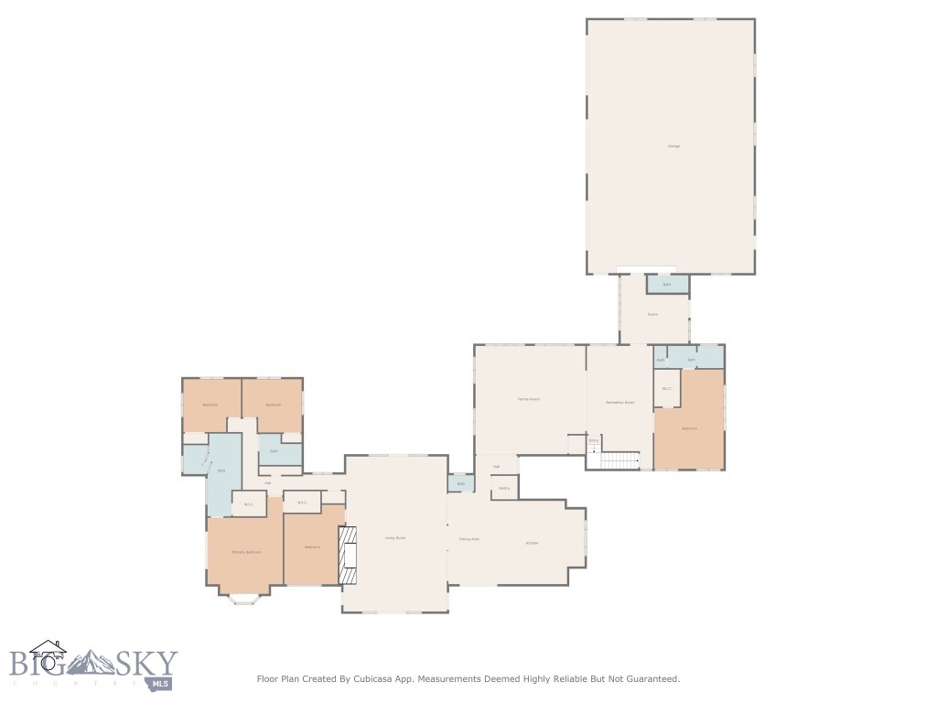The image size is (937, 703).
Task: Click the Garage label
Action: (673, 146)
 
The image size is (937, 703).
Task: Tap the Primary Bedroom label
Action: (246, 552)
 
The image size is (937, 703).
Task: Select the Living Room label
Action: (394, 537)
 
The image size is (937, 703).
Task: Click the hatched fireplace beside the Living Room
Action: (348, 556)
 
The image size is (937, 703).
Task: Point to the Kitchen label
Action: (532, 543)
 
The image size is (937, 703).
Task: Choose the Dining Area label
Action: (469, 539)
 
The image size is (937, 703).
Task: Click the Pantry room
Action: (504, 488)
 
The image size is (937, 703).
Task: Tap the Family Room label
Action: (529, 399)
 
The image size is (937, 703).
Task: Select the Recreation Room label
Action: (619, 403)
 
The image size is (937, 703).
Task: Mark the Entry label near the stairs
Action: (593, 440)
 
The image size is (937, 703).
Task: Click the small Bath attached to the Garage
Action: (666, 285)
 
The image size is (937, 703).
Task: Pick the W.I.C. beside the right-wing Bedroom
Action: (667, 389)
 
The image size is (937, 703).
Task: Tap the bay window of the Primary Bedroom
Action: (244, 599)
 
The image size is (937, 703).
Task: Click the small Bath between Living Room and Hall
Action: (461, 483)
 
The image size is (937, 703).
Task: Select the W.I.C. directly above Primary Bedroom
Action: (248, 504)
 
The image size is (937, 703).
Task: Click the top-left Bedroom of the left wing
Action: (210, 405)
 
